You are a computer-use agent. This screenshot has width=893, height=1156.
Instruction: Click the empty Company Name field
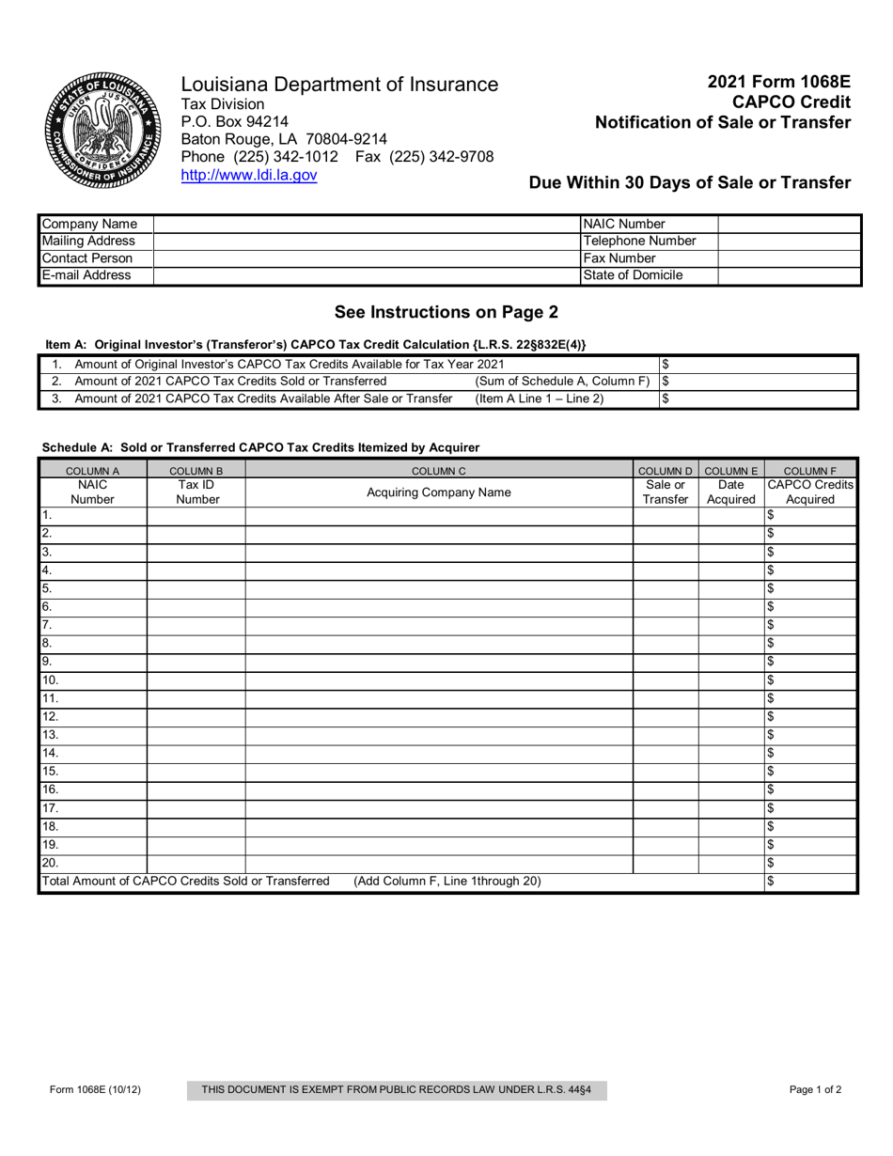tap(366, 224)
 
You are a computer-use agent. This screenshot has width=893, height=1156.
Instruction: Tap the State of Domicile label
tap(633, 275)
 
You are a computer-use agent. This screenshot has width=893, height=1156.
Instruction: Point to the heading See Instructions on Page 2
tap(446, 312)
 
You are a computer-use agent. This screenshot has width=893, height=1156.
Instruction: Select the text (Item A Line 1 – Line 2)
tap(540, 398)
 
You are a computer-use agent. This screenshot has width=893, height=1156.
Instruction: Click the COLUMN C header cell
tap(438, 470)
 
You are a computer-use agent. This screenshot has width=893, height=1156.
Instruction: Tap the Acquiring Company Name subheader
tap(438, 492)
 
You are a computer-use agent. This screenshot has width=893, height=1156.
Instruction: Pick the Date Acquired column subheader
tap(730, 492)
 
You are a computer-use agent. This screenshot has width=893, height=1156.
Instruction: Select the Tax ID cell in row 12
tap(196, 716)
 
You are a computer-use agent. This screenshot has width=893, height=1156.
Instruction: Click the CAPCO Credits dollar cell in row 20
tap(810, 863)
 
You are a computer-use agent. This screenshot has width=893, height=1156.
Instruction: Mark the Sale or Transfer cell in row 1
tap(665, 515)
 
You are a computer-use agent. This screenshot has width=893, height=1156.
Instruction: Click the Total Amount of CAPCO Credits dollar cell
tap(810, 882)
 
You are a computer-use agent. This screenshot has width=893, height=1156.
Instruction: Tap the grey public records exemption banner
tap(398, 1090)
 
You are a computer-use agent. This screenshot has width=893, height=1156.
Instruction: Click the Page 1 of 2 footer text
tap(815, 1090)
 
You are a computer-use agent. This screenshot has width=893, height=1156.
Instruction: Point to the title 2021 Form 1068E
tap(779, 82)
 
